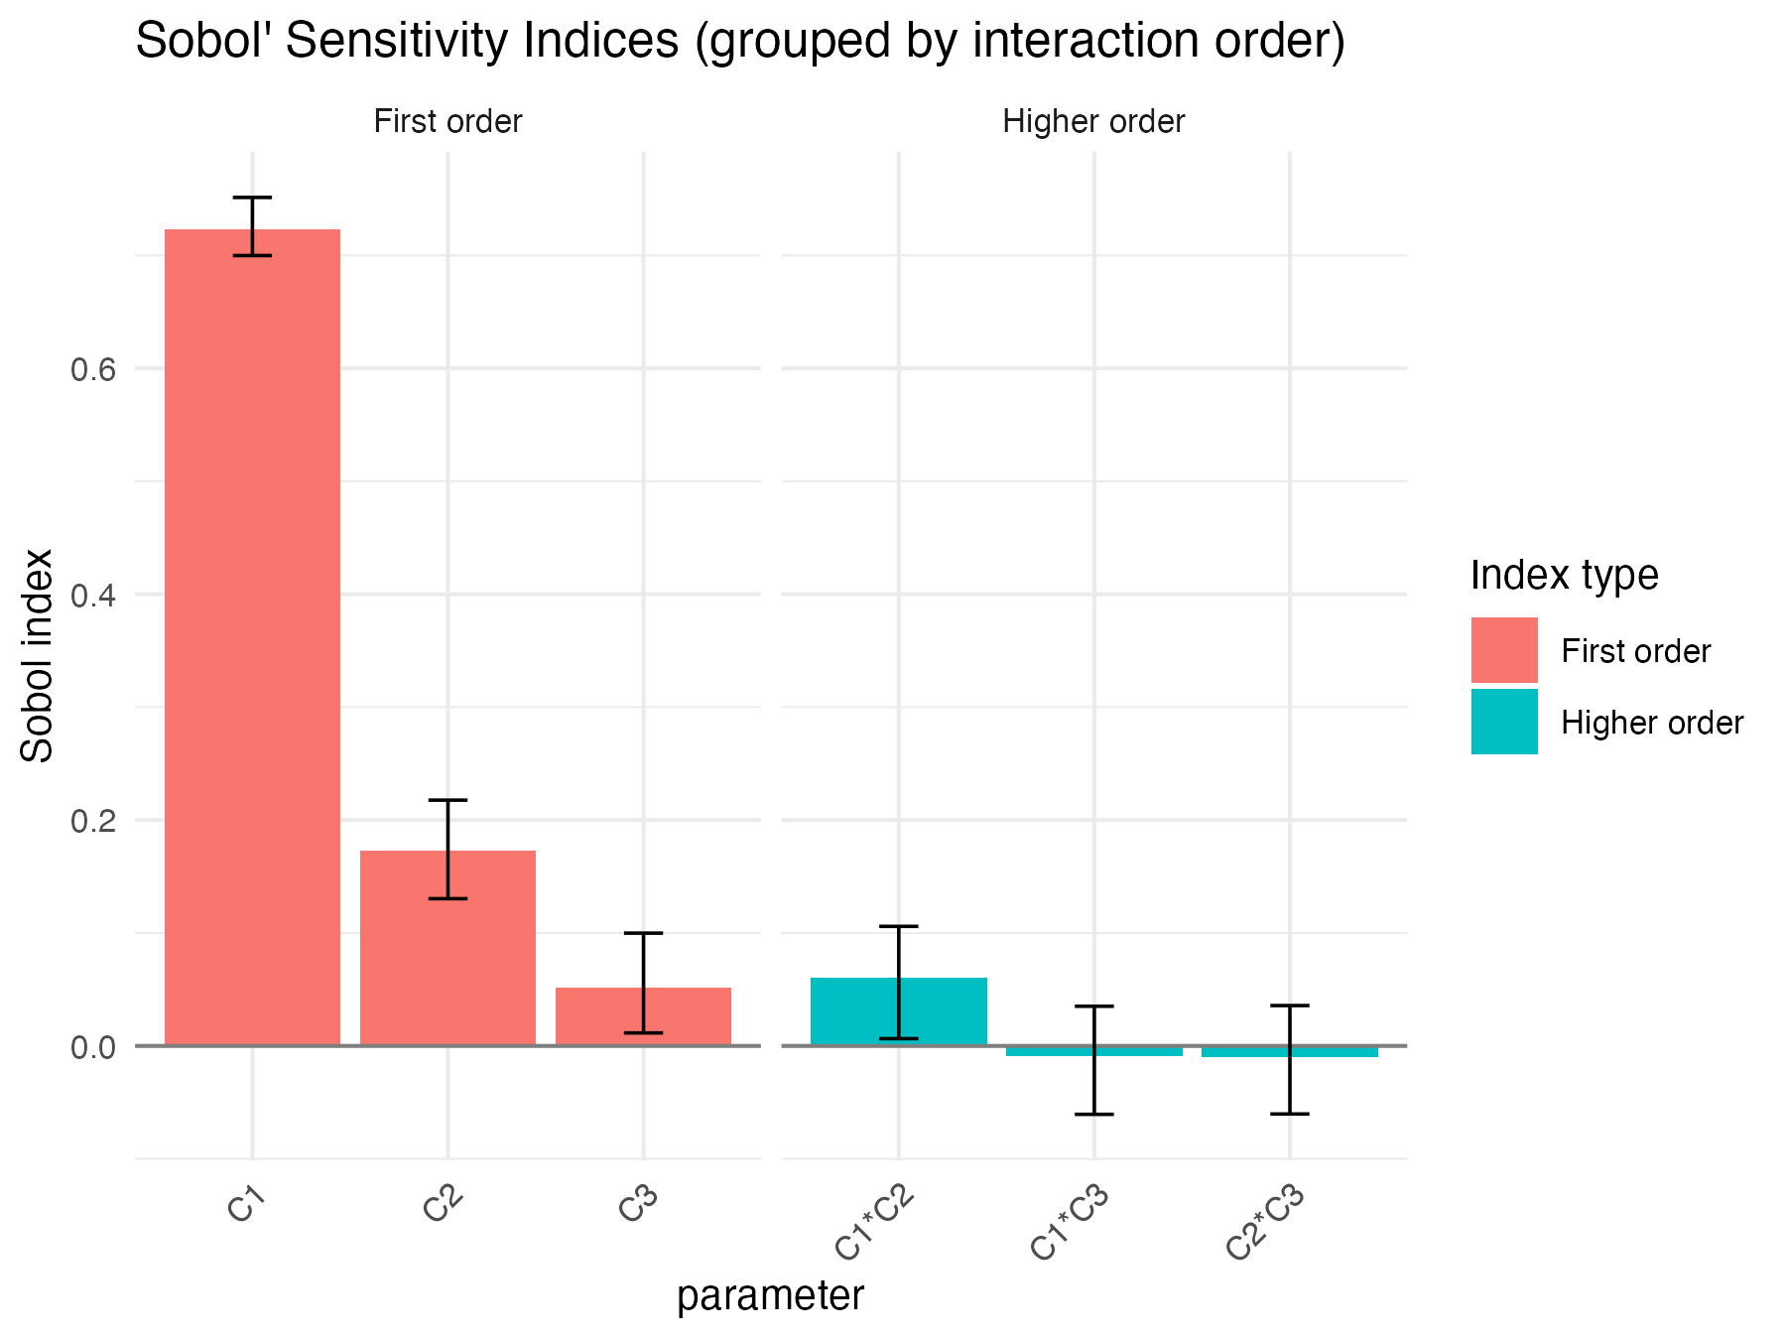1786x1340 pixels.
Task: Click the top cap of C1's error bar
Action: click(x=252, y=198)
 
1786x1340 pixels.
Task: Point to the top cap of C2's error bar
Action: click(x=447, y=800)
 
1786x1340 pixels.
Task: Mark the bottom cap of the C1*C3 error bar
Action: click(x=1093, y=1114)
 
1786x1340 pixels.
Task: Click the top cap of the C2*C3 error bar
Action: click(x=1289, y=1005)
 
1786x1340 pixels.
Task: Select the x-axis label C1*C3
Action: click(x=1069, y=1226)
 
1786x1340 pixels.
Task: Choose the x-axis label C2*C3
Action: click(x=1264, y=1226)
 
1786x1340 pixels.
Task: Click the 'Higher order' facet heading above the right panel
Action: click(x=1093, y=122)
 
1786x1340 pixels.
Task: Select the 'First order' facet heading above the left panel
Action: click(x=447, y=122)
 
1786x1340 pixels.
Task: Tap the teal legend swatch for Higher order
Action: click(x=1504, y=722)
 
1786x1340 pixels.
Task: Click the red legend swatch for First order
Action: click(x=1504, y=650)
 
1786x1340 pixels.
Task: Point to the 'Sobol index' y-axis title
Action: click(x=38, y=655)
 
